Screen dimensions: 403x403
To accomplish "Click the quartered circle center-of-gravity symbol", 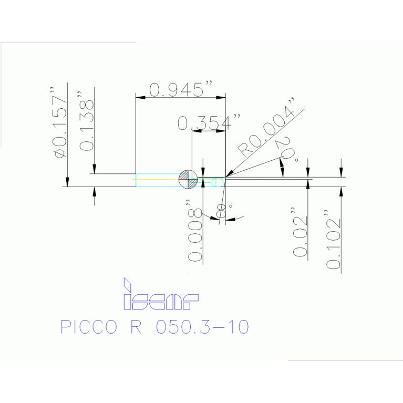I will pos(188,180).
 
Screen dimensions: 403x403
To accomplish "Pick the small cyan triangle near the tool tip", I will pos(213,182).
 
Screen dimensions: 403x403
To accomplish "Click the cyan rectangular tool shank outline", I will pos(157,180).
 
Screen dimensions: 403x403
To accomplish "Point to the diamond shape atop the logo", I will pos(127,284).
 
